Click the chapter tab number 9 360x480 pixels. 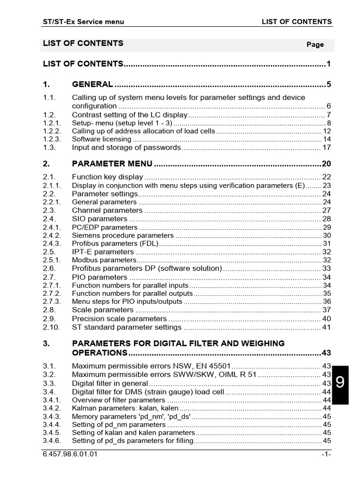340,382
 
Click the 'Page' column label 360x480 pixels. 315,45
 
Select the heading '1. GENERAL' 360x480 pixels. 92,84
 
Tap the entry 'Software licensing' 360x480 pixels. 101,139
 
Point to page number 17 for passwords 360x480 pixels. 327,148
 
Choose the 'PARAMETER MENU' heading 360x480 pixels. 112,164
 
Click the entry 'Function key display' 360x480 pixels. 107,177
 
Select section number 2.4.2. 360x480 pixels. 52,235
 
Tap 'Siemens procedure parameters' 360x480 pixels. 122,235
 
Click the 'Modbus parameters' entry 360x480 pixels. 104,260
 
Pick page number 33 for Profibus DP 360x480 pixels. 327,269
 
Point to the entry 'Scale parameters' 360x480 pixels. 103,310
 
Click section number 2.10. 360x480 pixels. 51,327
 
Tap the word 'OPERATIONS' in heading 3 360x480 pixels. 99,352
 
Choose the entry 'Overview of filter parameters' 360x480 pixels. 119,400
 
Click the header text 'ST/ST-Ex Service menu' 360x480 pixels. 83,22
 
